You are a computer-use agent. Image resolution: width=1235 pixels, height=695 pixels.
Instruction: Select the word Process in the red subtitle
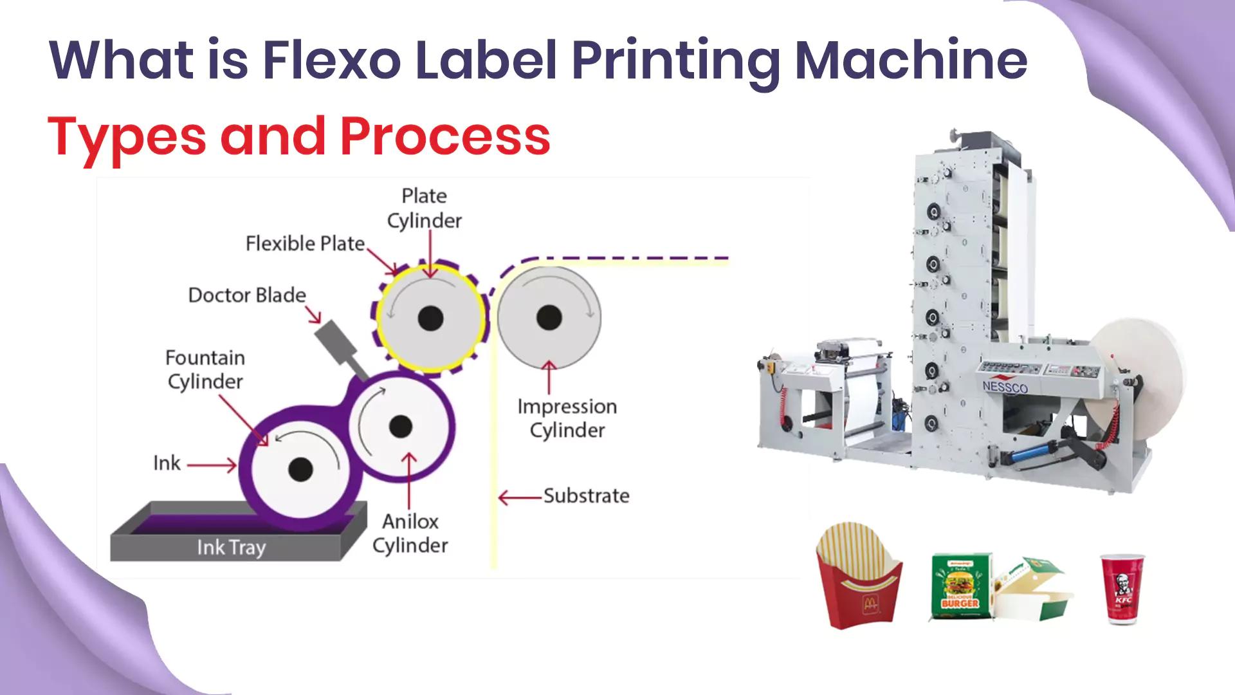click(444, 136)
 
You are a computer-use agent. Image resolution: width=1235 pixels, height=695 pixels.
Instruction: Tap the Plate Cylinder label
click(424, 208)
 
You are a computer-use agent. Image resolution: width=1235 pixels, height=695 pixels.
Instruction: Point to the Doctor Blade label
click(247, 295)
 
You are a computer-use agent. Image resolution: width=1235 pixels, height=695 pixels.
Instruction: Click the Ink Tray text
click(231, 548)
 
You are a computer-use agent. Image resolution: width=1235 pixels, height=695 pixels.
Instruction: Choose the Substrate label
click(586, 496)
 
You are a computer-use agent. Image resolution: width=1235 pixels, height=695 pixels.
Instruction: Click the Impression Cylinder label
click(567, 418)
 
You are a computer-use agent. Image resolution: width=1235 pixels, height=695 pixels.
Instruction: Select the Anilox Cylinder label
click(410, 533)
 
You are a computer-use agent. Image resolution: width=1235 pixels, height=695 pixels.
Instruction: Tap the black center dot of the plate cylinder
click(430, 317)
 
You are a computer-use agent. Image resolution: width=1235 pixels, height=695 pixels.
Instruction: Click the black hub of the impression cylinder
click(549, 317)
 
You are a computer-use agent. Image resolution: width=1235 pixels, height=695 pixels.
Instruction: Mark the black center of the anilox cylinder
click(400, 425)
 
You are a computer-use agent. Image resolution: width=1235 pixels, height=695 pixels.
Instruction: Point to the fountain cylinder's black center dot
click(300, 470)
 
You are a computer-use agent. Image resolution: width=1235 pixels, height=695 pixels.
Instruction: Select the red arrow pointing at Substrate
click(519, 497)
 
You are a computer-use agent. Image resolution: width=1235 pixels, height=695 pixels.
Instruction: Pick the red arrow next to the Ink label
click(213, 464)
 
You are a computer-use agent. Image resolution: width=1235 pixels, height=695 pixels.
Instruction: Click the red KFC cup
click(1122, 588)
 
